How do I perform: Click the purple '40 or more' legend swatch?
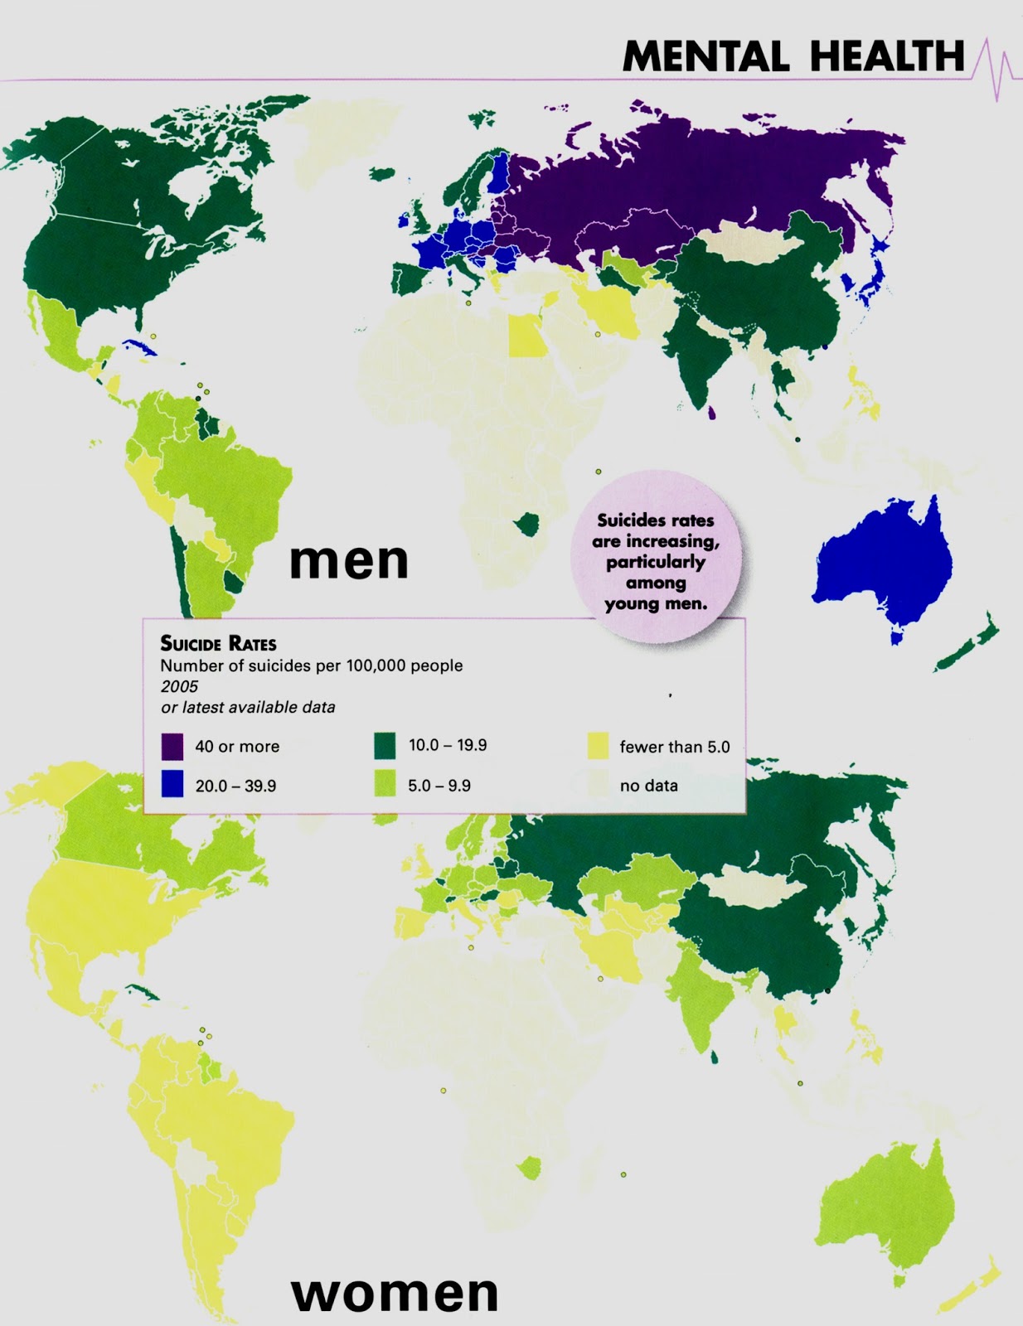(172, 746)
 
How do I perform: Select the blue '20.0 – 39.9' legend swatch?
(172, 784)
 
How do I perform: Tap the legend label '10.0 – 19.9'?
(448, 745)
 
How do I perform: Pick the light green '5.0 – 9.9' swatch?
(385, 784)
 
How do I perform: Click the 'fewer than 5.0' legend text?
(674, 747)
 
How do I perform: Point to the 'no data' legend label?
(648, 786)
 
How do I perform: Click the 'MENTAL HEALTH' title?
(793, 57)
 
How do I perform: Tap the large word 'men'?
(348, 561)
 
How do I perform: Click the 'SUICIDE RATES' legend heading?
(218, 644)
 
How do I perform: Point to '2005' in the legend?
(180, 686)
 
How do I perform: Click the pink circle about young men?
(655, 559)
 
